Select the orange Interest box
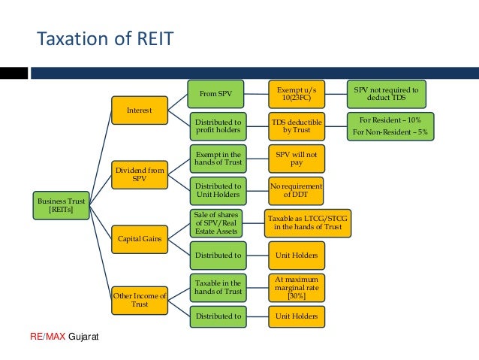138,110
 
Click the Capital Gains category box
138,239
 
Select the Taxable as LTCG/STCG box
307,222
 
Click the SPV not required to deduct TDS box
386,94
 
